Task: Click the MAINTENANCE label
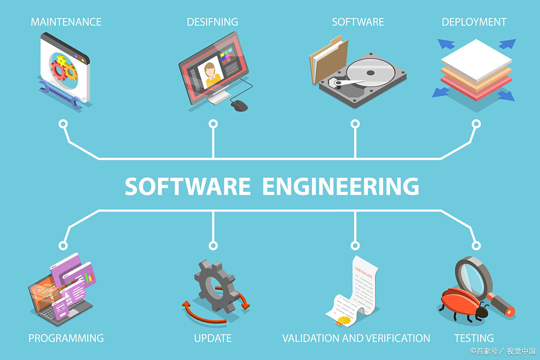[66, 22]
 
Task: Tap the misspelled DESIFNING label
[212, 22]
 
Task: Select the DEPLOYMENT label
[474, 22]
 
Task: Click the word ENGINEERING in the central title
[341, 186]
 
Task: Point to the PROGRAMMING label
[66, 338]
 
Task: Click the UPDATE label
[212, 338]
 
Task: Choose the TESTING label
[474, 338]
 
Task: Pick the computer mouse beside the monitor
[239, 106]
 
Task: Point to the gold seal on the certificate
[344, 320]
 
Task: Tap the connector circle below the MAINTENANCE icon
[63, 124]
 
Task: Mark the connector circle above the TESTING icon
[476, 246]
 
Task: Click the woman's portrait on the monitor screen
[210, 72]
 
